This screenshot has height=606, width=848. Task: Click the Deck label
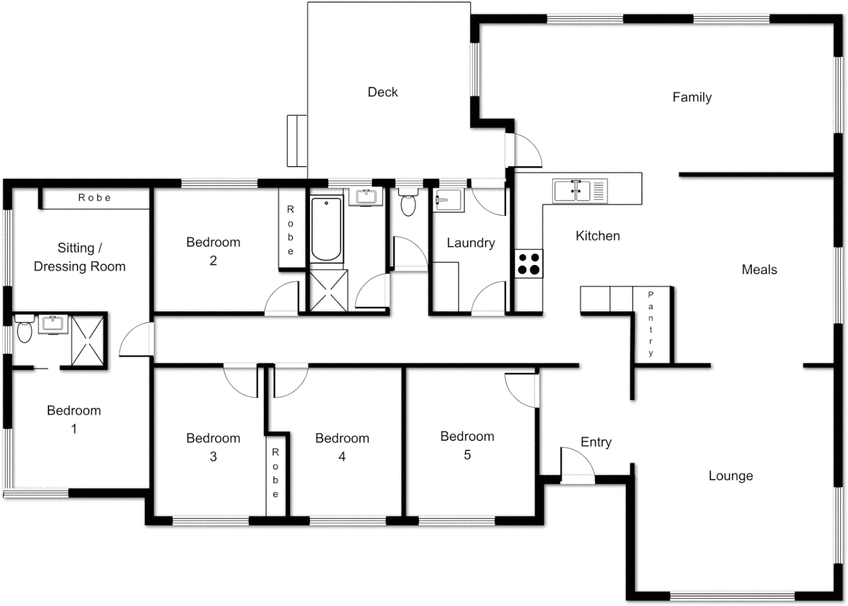(x=383, y=92)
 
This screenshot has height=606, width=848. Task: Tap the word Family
(x=692, y=97)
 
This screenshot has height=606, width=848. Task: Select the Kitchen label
(x=597, y=236)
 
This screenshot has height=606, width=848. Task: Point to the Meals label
(x=759, y=269)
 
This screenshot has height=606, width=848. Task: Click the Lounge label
(x=730, y=476)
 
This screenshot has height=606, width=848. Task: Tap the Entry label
(x=596, y=442)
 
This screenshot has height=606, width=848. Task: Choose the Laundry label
(x=470, y=243)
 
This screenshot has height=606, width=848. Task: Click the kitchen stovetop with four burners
(x=529, y=264)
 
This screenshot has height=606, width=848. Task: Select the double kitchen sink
(x=572, y=190)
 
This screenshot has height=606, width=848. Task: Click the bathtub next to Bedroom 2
(x=326, y=228)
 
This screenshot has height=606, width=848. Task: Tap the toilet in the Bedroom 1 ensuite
(x=24, y=329)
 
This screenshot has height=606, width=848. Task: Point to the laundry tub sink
(x=448, y=200)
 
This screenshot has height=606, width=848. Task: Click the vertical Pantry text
(x=651, y=324)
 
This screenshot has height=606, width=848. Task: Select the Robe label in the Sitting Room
(x=94, y=198)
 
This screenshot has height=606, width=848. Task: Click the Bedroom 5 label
(x=467, y=445)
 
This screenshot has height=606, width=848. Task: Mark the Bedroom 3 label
(x=213, y=447)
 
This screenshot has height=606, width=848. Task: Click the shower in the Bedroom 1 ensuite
(x=87, y=340)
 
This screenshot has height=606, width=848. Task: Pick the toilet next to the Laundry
(x=408, y=203)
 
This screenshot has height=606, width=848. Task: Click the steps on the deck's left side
(x=296, y=141)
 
